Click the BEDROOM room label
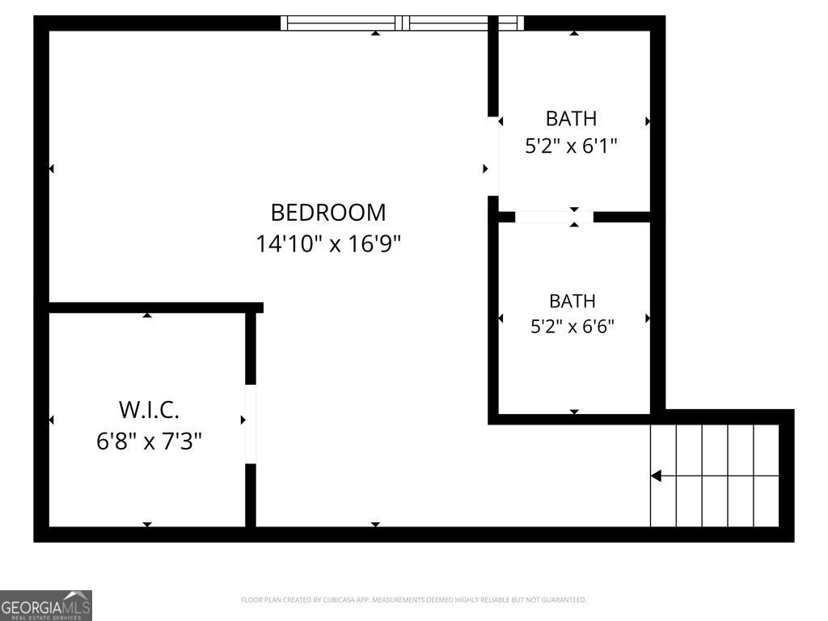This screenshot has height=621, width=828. [328, 213]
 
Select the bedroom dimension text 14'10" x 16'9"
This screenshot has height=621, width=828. [328, 244]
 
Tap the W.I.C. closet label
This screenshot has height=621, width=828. [149, 409]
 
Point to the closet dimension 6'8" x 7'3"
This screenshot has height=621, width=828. [149, 441]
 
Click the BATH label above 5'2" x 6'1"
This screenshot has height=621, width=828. [571, 119]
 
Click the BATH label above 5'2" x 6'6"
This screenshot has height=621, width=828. [572, 301]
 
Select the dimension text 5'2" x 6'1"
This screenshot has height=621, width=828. [571, 146]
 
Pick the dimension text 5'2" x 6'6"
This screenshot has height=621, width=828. [572, 327]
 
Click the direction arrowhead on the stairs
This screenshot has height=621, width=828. [656, 475]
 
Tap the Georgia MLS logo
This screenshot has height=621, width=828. [46, 605]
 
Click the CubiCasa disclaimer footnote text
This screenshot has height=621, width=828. [413, 600]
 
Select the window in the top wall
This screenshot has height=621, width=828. [402, 23]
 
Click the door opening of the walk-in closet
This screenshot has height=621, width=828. [251, 424]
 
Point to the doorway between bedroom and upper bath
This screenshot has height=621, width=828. [492, 156]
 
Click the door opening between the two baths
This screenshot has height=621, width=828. [554, 217]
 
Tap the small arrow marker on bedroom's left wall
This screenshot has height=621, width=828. [51, 168]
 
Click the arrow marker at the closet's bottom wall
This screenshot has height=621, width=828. [147, 524]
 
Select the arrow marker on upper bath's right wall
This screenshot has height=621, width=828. [648, 121]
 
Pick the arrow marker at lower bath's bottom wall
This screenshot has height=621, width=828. [575, 412]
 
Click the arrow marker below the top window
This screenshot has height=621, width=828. [375, 32]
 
